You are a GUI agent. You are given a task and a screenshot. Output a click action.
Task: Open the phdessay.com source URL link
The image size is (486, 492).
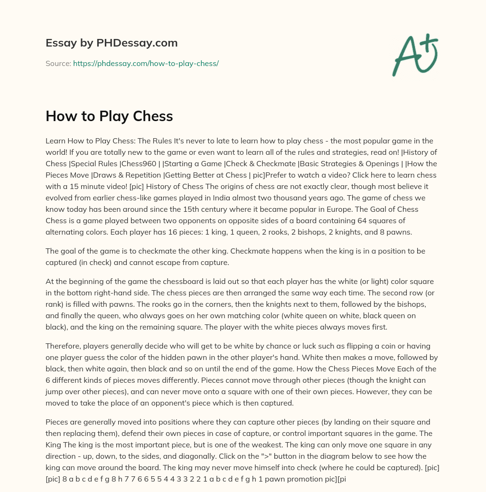[146, 63]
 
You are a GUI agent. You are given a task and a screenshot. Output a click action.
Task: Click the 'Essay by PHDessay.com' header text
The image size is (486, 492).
[112, 43]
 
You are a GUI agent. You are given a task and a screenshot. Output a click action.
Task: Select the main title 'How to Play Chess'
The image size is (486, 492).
[109, 116]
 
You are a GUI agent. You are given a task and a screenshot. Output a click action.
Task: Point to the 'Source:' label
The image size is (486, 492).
[58, 63]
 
